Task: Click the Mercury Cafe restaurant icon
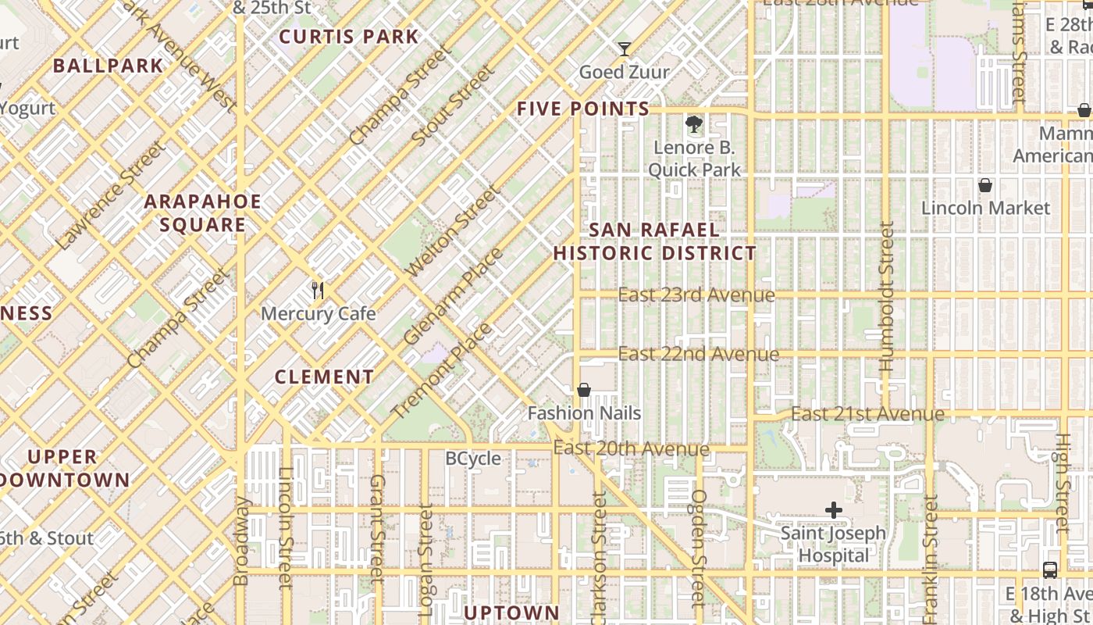(x=318, y=291)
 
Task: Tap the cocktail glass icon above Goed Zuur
(x=624, y=49)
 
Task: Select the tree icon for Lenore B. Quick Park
(x=692, y=123)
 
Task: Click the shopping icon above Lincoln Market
(x=985, y=185)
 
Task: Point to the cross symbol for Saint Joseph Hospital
(x=834, y=510)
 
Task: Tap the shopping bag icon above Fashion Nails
(x=583, y=390)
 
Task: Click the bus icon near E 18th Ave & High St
(x=1050, y=570)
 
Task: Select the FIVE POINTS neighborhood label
(x=583, y=109)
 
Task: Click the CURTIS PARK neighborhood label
(x=349, y=37)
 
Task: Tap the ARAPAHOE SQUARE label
(x=203, y=213)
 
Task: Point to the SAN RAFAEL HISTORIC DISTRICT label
(x=654, y=241)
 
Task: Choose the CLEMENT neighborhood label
(x=325, y=377)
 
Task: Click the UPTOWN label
(x=512, y=612)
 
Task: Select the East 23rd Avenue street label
(x=696, y=295)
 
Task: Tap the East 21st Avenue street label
(x=867, y=413)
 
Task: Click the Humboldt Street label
(x=885, y=296)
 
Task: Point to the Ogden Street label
(x=699, y=547)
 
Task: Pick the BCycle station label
(x=473, y=459)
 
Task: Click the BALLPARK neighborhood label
(x=109, y=66)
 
